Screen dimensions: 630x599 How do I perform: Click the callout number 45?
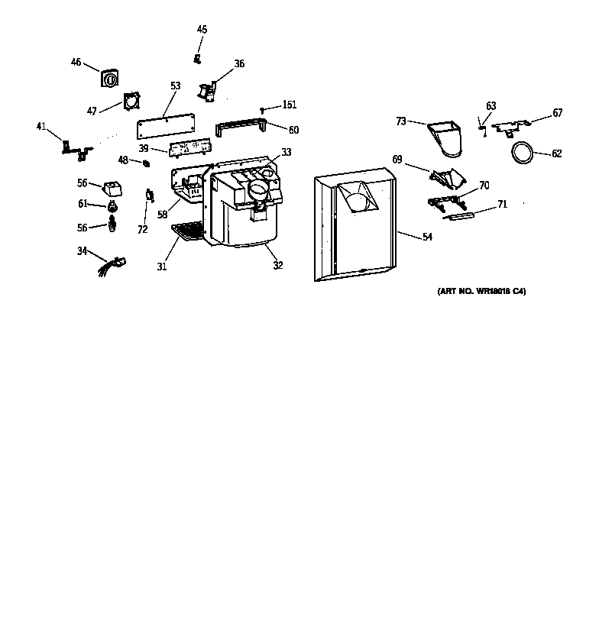202,30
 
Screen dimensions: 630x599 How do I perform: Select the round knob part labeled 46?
111,78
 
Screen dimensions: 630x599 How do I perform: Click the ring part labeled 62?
523,153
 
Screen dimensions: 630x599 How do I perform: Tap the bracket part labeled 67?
511,125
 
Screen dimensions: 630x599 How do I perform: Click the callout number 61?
82,204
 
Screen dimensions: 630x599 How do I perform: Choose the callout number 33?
286,152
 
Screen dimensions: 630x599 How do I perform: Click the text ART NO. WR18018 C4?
481,292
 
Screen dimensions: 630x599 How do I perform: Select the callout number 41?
41,127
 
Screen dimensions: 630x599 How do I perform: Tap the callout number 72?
142,229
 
